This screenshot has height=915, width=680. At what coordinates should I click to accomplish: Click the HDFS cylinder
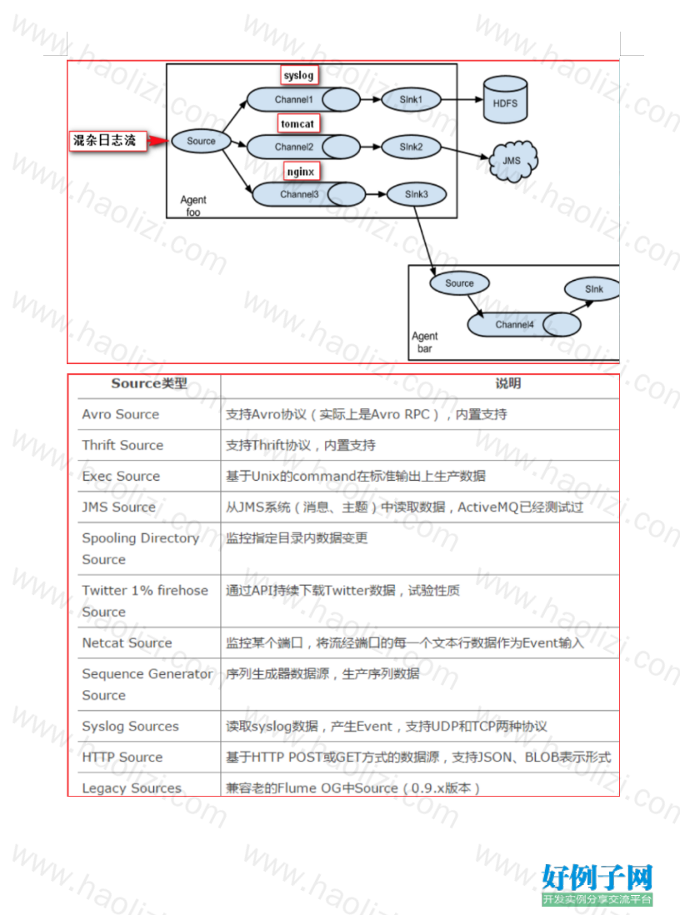505,99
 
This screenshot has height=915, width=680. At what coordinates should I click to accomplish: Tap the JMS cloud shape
512,161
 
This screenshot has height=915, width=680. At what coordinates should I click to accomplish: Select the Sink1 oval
411,100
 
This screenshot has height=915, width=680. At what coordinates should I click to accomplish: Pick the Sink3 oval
416,194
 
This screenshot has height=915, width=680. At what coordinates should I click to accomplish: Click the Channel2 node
303,147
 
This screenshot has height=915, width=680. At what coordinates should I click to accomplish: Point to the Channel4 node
524,324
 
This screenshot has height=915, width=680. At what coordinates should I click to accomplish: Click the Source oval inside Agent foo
201,141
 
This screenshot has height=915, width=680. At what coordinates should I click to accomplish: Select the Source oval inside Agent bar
459,283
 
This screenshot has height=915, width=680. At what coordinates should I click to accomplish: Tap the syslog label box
298,75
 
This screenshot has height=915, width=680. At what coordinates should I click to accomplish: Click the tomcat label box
297,123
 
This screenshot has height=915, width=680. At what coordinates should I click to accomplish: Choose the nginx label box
301,172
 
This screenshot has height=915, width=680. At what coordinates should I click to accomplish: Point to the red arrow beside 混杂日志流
157,141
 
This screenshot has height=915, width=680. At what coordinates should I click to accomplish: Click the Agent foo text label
193,206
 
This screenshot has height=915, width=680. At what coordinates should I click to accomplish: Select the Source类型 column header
149,383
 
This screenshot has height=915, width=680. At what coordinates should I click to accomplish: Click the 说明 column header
508,383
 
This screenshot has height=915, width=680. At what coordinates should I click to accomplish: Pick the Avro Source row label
121,414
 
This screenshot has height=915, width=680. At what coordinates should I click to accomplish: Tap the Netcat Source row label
127,643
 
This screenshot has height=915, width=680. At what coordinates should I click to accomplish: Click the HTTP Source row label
122,757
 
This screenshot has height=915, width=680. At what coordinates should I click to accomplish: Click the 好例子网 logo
597,884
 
